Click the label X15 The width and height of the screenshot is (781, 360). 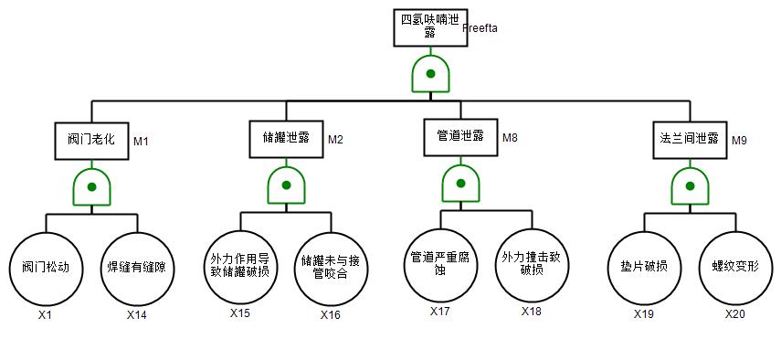[240, 313]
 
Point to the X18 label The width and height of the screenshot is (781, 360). [532, 312]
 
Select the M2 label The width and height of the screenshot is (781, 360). [335, 140]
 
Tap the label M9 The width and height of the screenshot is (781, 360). [739, 141]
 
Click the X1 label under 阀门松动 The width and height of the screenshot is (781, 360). [45, 315]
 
